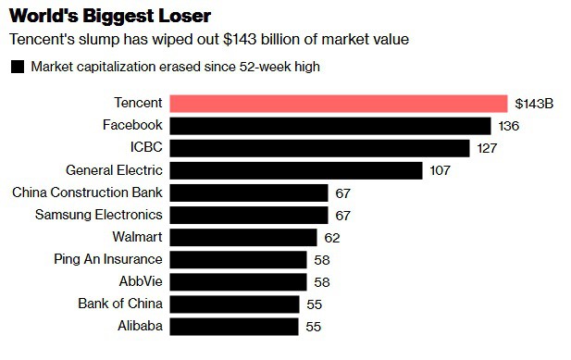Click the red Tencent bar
339,104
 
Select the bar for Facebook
330,126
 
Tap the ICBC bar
320,148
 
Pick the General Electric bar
297,170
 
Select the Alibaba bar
235,326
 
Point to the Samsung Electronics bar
250,215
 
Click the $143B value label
534,104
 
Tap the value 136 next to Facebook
508,126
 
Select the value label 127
487,148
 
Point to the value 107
440,170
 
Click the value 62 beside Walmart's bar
332,237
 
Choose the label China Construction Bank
87,192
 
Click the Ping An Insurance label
108,259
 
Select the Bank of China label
120,304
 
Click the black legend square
17,67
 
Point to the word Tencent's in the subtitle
40,40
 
